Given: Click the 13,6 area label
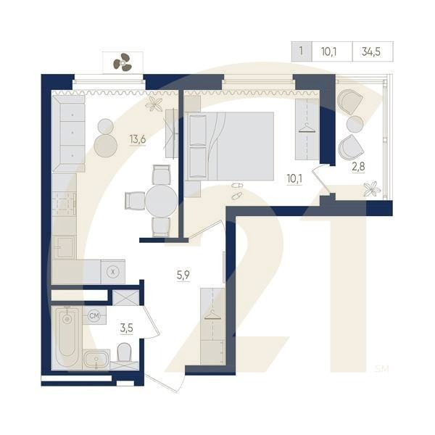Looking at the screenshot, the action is pyautogui.click(x=138, y=139).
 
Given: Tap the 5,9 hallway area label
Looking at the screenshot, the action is pyautogui.click(x=183, y=275).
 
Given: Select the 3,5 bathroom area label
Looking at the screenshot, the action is pyautogui.click(x=126, y=328).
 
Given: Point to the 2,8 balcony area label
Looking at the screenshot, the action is pyautogui.click(x=358, y=167).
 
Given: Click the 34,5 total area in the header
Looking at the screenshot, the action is pyautogui.click(x=371, y=51).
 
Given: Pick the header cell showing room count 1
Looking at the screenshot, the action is pyautogui.click(x=302, y=51).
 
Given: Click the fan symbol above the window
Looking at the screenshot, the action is pyautogui.click(x=122, y=62).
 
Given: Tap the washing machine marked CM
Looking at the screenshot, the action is pyautogui.click(x=94, y=315).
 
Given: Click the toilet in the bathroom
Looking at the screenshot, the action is pyautogui.click(x=124, y=352).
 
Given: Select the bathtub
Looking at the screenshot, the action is pyautogui.click(x=67, y=338).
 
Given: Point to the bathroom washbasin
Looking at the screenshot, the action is pyautogui.click(x=96, y=360).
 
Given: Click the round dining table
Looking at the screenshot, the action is pyautogui.click(x=161, y=201).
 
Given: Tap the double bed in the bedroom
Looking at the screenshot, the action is pyautogui.click(x=229, y=146).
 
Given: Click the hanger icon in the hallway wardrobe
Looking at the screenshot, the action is pyautogui.click(x=212, y=315).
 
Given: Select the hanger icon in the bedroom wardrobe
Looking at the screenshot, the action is pyautogui.click(x=307, y=128).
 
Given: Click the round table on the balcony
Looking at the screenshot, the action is pyautogui.click(x=355, y=124).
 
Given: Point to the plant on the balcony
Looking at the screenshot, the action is pyautogui.click(x=371, y=189).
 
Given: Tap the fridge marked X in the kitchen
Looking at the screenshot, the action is pyautogui.click(x=112, y=272).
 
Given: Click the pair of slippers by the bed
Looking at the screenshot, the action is pyautogui.click(x=236, y=191).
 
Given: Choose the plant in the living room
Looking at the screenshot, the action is pyautogui.click(x=154, y=104).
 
